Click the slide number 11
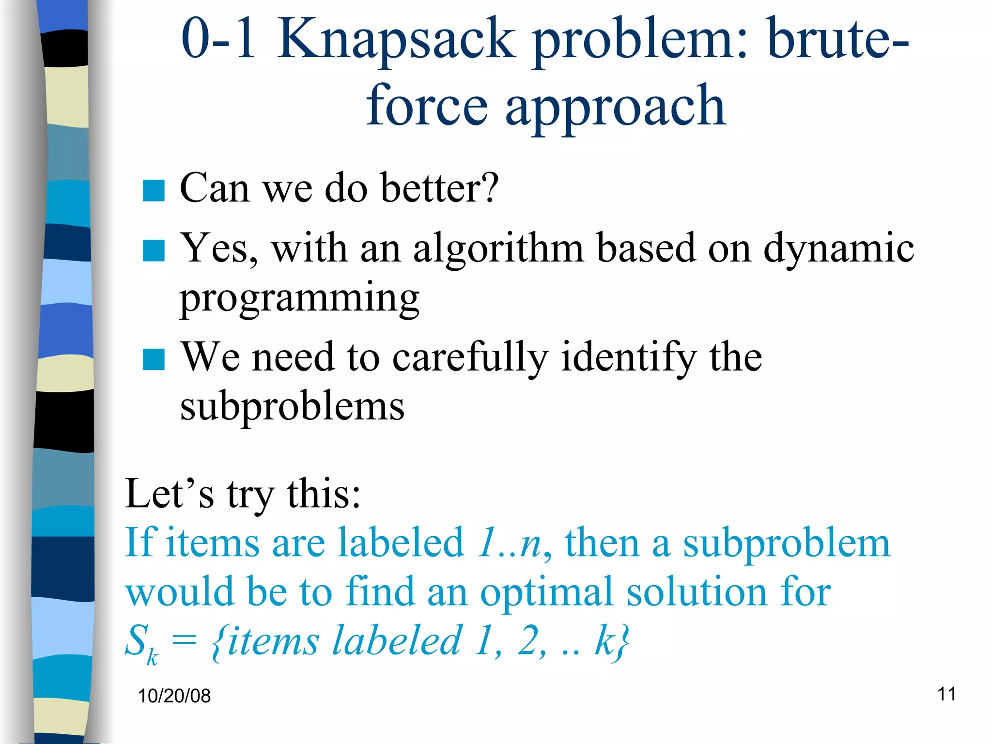pos(946,694)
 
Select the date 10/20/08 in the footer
pos(174,696)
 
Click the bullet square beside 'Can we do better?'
pos(154,190)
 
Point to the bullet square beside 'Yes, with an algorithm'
pos(154,250)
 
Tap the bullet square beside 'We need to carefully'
pos(154,359)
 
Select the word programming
pos(299,298)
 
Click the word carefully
pos(470,357)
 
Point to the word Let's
pos(169,494)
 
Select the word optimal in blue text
pos(547,592)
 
